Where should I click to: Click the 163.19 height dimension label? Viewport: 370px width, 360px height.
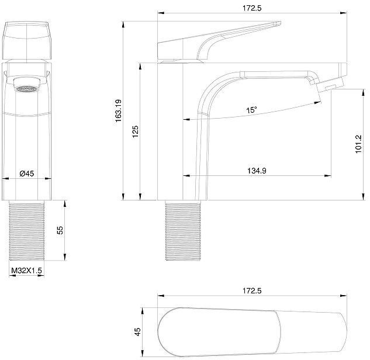pos(118,110)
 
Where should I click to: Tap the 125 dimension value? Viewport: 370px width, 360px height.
pos(135,132)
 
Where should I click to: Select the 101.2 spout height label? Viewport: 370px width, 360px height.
pos(358,144)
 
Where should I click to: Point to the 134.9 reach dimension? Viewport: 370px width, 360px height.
pos(257,171)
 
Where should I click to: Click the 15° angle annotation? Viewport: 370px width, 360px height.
pos(251,110)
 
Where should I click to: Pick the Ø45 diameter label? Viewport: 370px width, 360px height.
pos(27,174)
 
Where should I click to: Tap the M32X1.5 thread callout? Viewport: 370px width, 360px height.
pos(27,271)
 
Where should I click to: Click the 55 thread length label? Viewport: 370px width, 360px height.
pos(61,230)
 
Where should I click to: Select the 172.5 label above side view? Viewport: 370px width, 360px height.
pos(252,8)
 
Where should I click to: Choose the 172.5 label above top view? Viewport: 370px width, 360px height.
pos(252,290)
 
